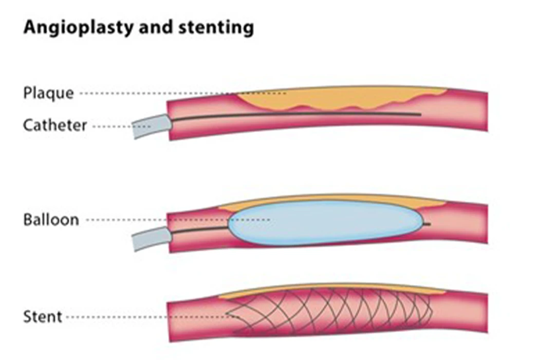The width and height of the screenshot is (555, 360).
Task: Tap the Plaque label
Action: click(x=48, y=94)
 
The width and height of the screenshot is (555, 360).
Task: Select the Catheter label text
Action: click(x=55, y=125)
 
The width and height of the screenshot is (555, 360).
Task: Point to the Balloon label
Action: click(x=51, y=220)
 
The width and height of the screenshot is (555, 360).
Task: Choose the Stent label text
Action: click(x=43, y=316)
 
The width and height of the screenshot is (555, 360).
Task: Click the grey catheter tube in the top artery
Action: click(x=151, y=126)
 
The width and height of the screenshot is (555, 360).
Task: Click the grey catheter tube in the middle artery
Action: click(x=151, y=238)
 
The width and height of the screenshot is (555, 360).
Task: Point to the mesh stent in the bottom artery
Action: click(x=334, y=311)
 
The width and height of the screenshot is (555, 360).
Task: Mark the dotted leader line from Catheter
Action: click(x=116, y=125)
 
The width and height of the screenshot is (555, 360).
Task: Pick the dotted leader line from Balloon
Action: click(x=175, y=220)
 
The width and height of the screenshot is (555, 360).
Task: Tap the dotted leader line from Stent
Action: click(x=149, y=317)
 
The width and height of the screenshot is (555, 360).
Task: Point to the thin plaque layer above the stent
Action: click(x=334, y=287)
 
